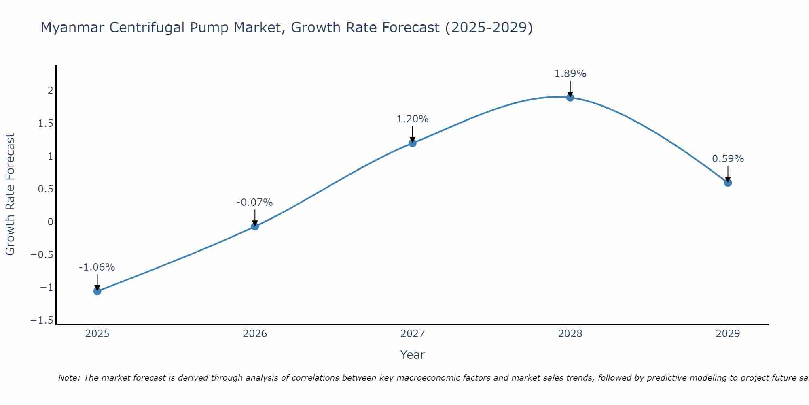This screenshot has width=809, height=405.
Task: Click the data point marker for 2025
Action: [97, 291]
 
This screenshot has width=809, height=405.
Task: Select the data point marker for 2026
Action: [255, 226]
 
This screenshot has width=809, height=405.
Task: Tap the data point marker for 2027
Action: [413, 143]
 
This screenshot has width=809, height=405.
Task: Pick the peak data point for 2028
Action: [570, 97]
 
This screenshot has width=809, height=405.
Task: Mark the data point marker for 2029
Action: [728, 183]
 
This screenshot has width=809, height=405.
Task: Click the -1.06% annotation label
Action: [97, 267]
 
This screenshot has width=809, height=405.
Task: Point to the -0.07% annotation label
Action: [254, 202]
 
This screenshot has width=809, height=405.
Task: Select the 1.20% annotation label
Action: [412, 119]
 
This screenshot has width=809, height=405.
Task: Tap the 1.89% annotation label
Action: [570, 74]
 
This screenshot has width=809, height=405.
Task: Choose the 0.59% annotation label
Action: [728, 159]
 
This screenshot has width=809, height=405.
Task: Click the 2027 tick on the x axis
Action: [413, 334]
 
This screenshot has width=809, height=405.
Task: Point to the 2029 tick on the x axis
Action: [728, 334]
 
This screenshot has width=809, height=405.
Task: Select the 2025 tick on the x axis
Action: [97, 334]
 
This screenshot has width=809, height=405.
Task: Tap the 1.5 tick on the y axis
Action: [46, 124]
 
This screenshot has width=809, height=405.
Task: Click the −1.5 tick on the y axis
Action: [42, 320]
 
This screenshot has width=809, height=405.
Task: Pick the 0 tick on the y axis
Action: [50, 222]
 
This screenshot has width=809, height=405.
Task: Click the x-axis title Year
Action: [412, 355]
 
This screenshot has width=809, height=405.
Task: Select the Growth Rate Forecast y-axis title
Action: [10, 194]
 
